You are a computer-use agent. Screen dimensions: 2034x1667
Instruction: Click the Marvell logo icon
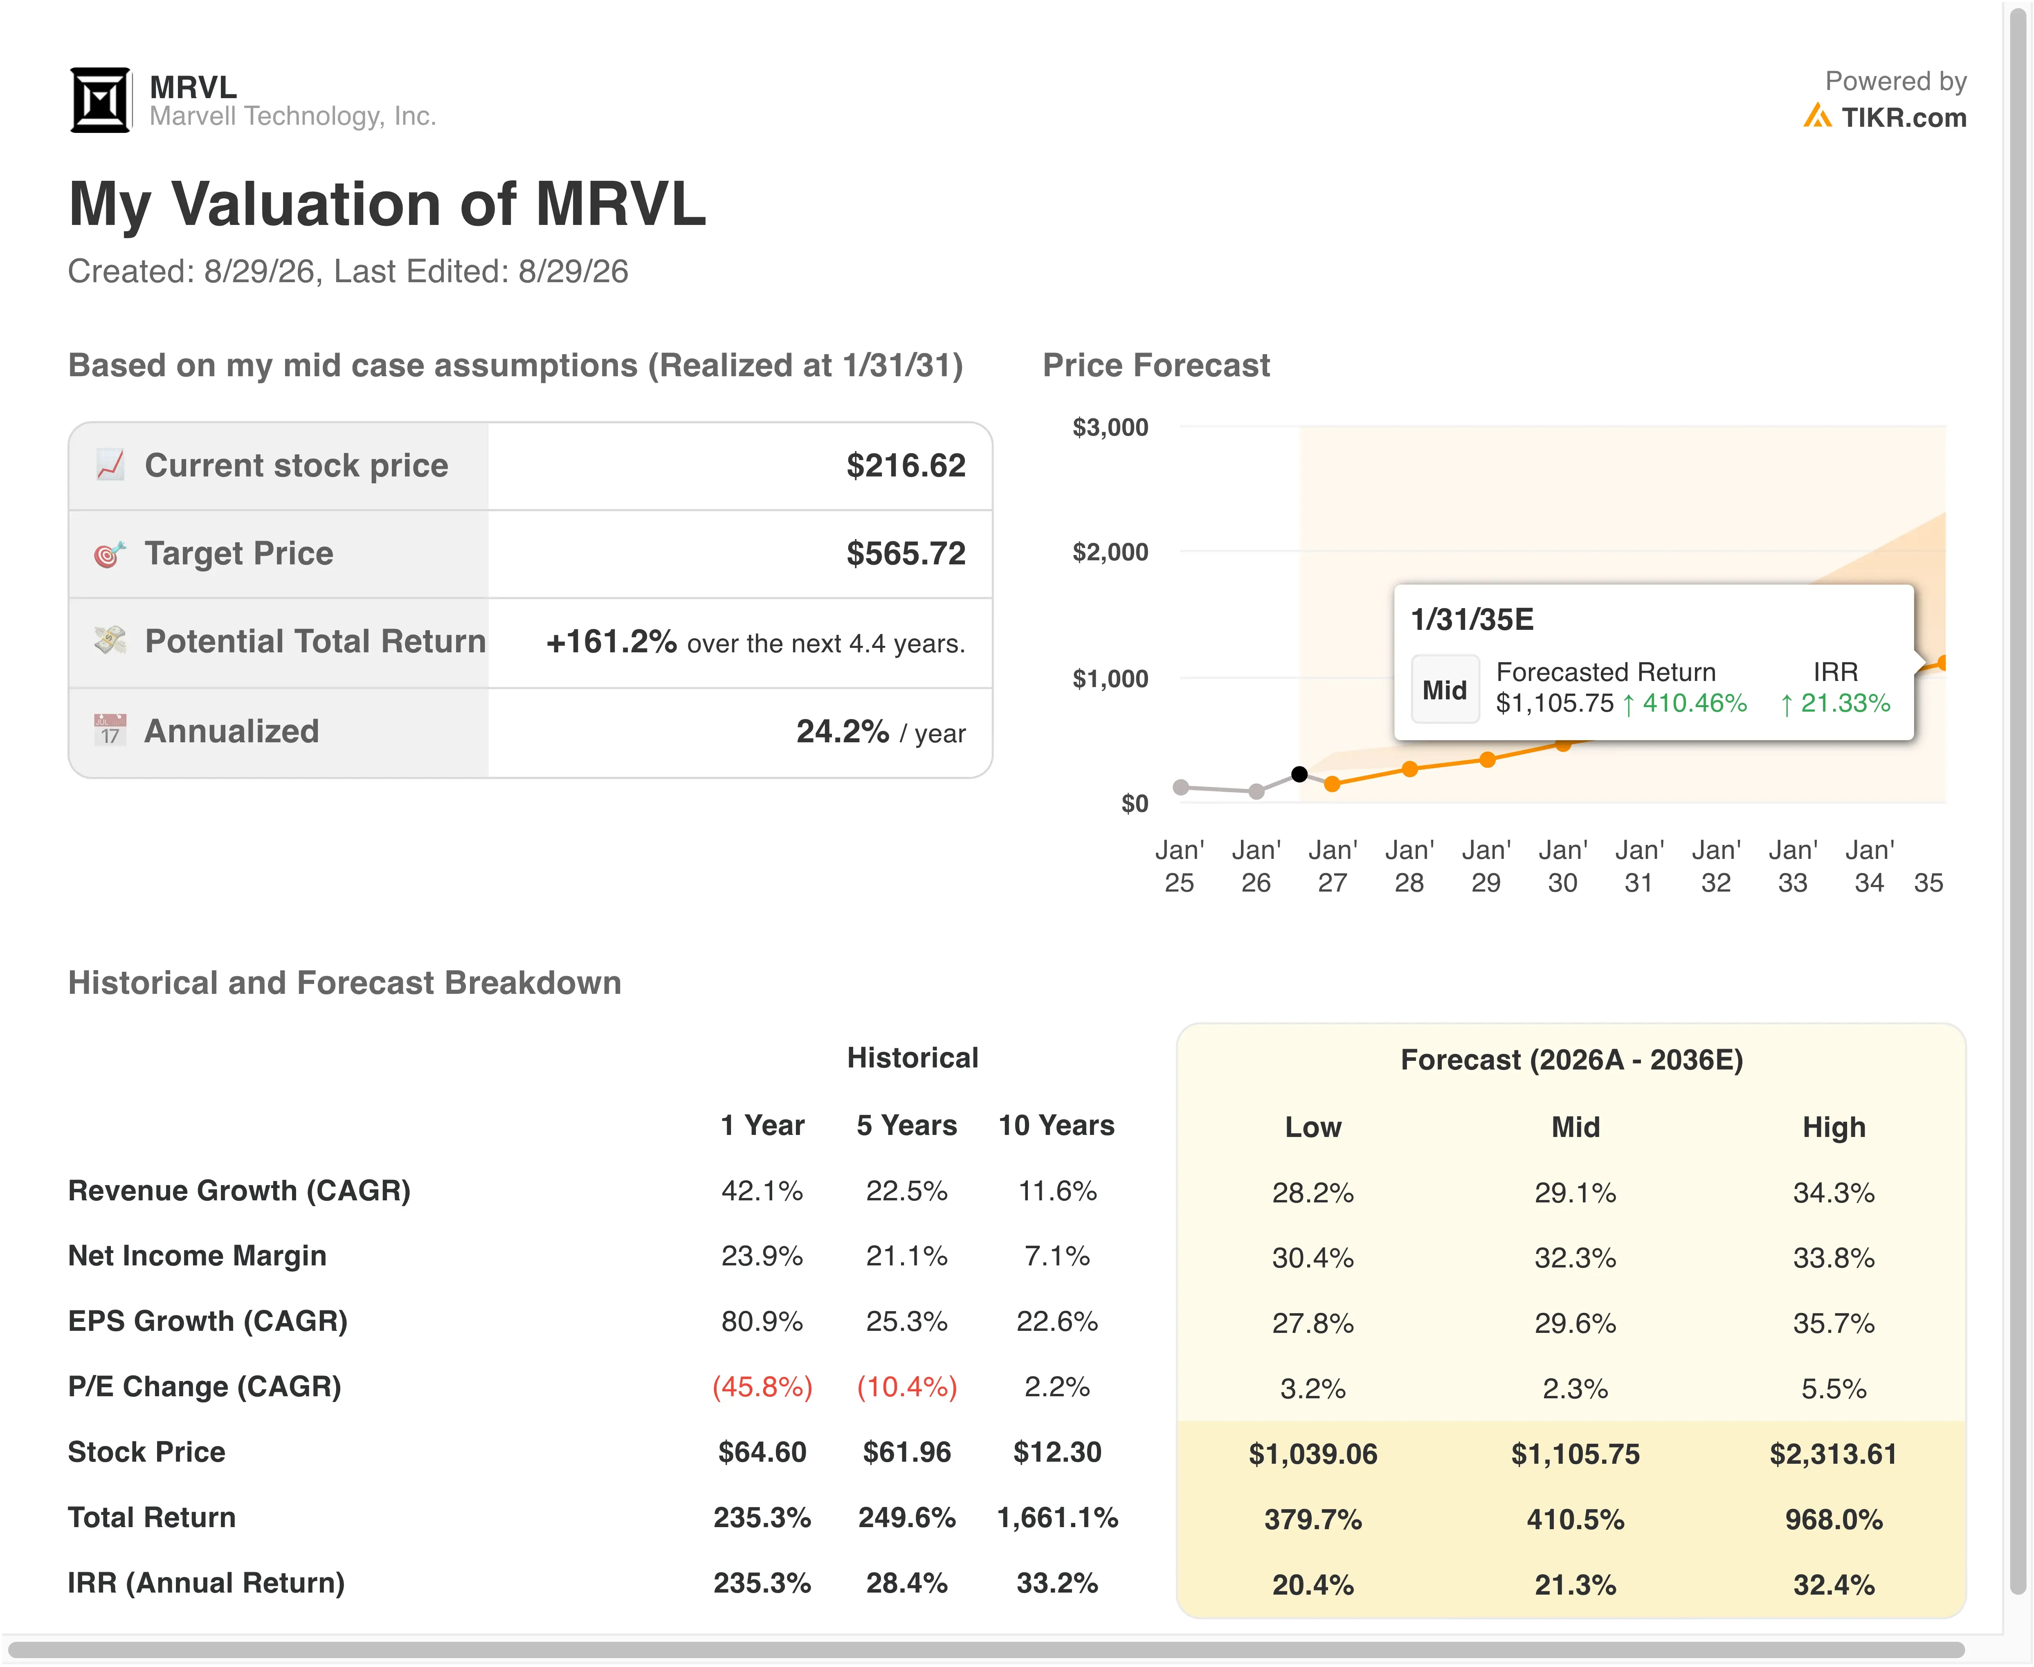coord(100,100)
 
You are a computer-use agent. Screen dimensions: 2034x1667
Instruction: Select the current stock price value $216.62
coord(906,466)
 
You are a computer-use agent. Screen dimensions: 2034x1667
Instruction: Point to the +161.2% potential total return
coord(612,641)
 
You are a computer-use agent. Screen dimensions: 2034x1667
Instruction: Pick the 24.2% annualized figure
coord(842,732)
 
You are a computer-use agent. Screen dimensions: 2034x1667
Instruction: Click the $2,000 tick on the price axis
coord(1110,552)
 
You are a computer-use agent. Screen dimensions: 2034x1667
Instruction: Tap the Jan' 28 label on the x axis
coord(1409,866)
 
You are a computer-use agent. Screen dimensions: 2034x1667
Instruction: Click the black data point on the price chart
coord(1299,774)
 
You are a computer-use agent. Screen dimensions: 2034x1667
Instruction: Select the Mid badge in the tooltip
coord(1444,690)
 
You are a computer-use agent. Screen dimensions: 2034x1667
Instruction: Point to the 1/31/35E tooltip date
coord(1472,619)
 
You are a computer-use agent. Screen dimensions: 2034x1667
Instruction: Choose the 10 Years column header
coord(1056,1126)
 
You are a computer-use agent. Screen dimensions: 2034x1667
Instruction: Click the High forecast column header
coord(1833,1127)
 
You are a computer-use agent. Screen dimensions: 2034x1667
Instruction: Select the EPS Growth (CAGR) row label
coord(207,1321)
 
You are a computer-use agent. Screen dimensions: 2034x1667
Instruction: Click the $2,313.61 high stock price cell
coord(1833,1454)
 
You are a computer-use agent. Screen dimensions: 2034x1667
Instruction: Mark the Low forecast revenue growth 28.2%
coord(1313,1193)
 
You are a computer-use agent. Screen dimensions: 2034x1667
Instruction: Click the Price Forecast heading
coord(1156,366)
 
